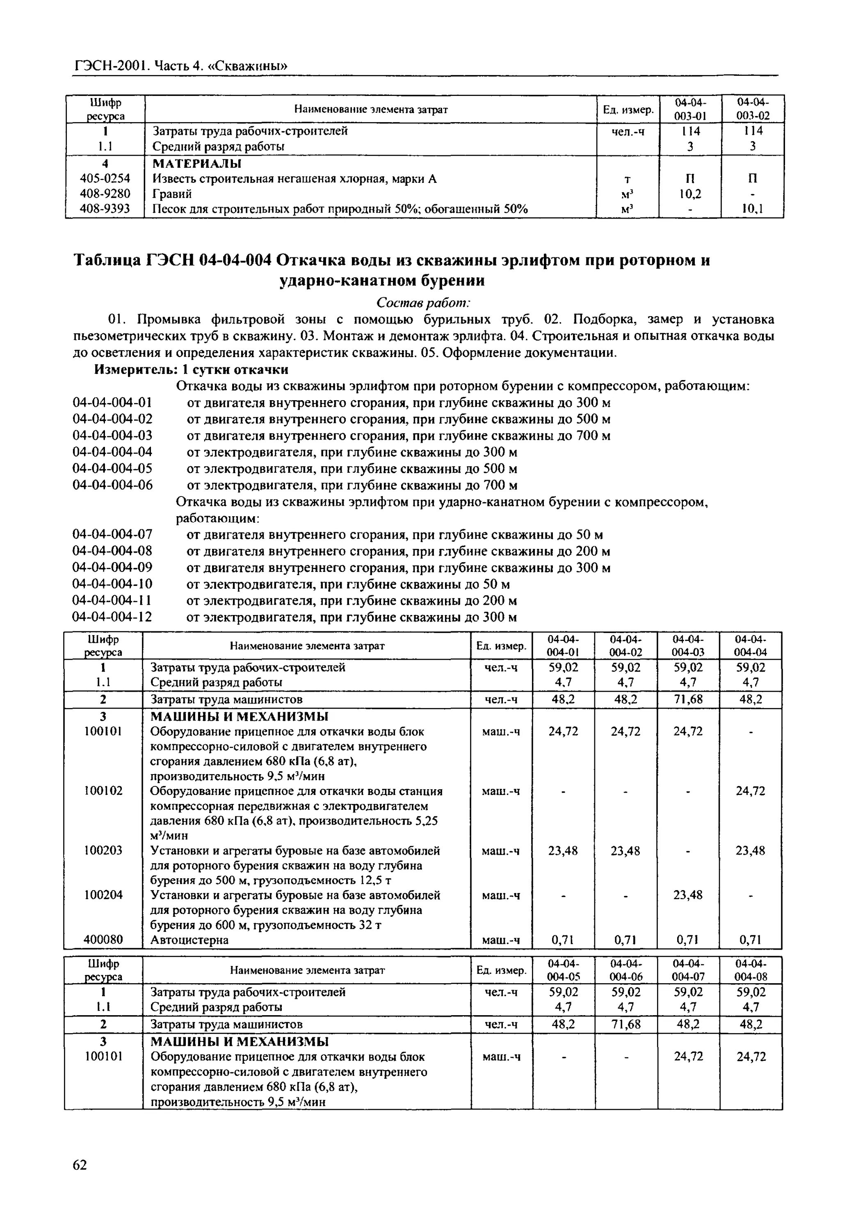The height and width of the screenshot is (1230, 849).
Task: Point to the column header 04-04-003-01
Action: [x=690, y=109]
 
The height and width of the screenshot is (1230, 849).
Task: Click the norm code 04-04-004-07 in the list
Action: [x=112, y=535]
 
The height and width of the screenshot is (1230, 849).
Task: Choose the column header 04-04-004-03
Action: [x=688, y=646]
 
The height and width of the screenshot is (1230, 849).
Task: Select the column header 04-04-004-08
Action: [x=751, y=970]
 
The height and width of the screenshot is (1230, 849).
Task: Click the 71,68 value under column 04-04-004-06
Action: [x=626, y=1024]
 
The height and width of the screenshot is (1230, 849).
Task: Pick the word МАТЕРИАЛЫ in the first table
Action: [x=197, y=163]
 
